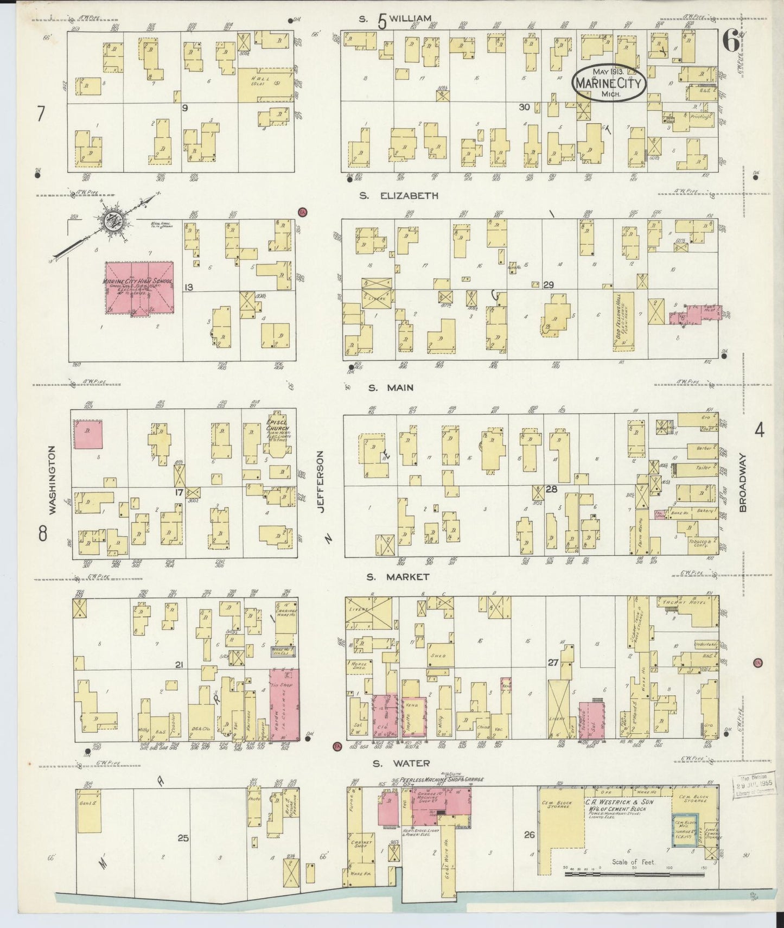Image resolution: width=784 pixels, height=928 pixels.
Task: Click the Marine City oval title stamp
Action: [609, 83]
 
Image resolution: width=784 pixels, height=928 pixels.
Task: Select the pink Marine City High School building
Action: [139, 288]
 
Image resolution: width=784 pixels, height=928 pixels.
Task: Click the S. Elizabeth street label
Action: [398, 196]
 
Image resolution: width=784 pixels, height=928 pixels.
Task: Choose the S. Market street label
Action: [398, 577]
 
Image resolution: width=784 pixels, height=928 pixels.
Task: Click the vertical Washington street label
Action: [53, 480]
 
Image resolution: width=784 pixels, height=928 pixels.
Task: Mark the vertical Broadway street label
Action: [742, 482]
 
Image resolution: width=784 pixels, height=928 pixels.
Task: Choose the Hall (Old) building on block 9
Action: [265, 85]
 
